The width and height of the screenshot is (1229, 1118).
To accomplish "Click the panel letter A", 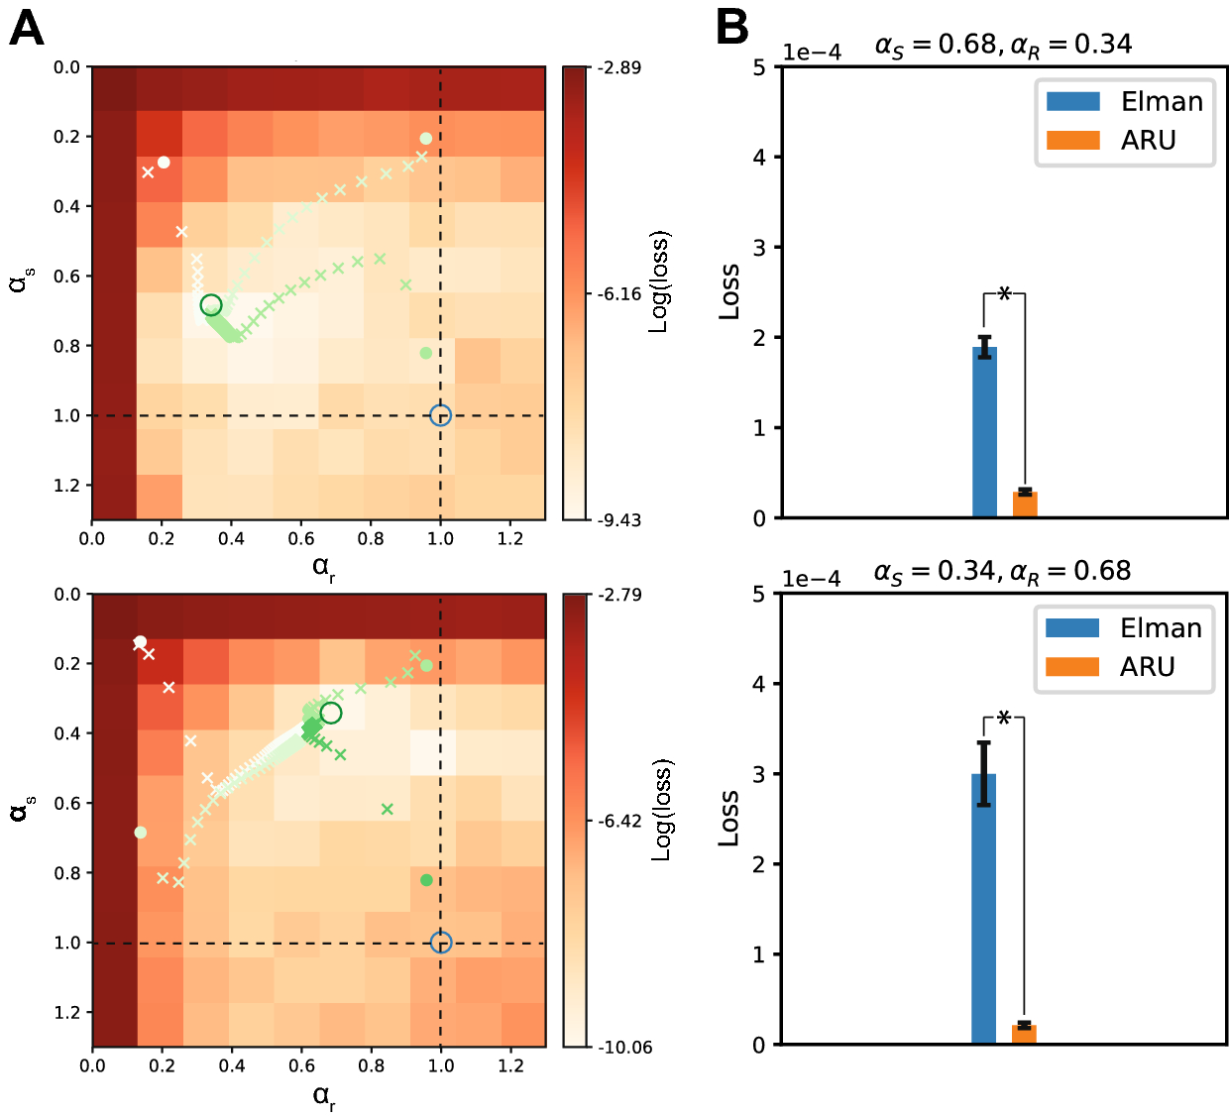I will tap(27, 29).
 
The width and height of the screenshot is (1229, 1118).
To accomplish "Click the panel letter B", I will tap(731, 29).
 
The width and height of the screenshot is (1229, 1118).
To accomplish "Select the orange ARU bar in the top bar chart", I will tap(1025, 503).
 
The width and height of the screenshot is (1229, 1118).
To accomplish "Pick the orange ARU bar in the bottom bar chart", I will tap(1024, 1034).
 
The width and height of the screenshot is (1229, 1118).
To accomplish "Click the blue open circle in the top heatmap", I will tap(441, 416).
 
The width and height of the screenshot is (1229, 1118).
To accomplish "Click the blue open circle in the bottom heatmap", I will tap(441, 943).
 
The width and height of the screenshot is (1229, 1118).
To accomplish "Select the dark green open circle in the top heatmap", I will tap(211, 305).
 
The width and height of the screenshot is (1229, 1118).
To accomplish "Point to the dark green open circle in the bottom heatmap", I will tap(331, 714).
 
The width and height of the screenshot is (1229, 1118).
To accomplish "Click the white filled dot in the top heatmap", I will tap(164, 163).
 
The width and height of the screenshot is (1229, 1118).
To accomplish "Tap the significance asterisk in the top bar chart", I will tap(1004, 294).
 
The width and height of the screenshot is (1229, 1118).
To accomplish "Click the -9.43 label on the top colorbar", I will tap(619, 520).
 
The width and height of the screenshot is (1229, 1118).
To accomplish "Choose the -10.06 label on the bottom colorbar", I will tap(623, 1048).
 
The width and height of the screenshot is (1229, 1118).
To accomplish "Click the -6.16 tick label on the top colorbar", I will tap(619, 294).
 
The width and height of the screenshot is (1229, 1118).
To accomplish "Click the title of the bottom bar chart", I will tap(1001, 572).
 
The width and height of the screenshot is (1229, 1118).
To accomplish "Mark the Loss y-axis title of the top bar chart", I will tap(729, 291).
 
